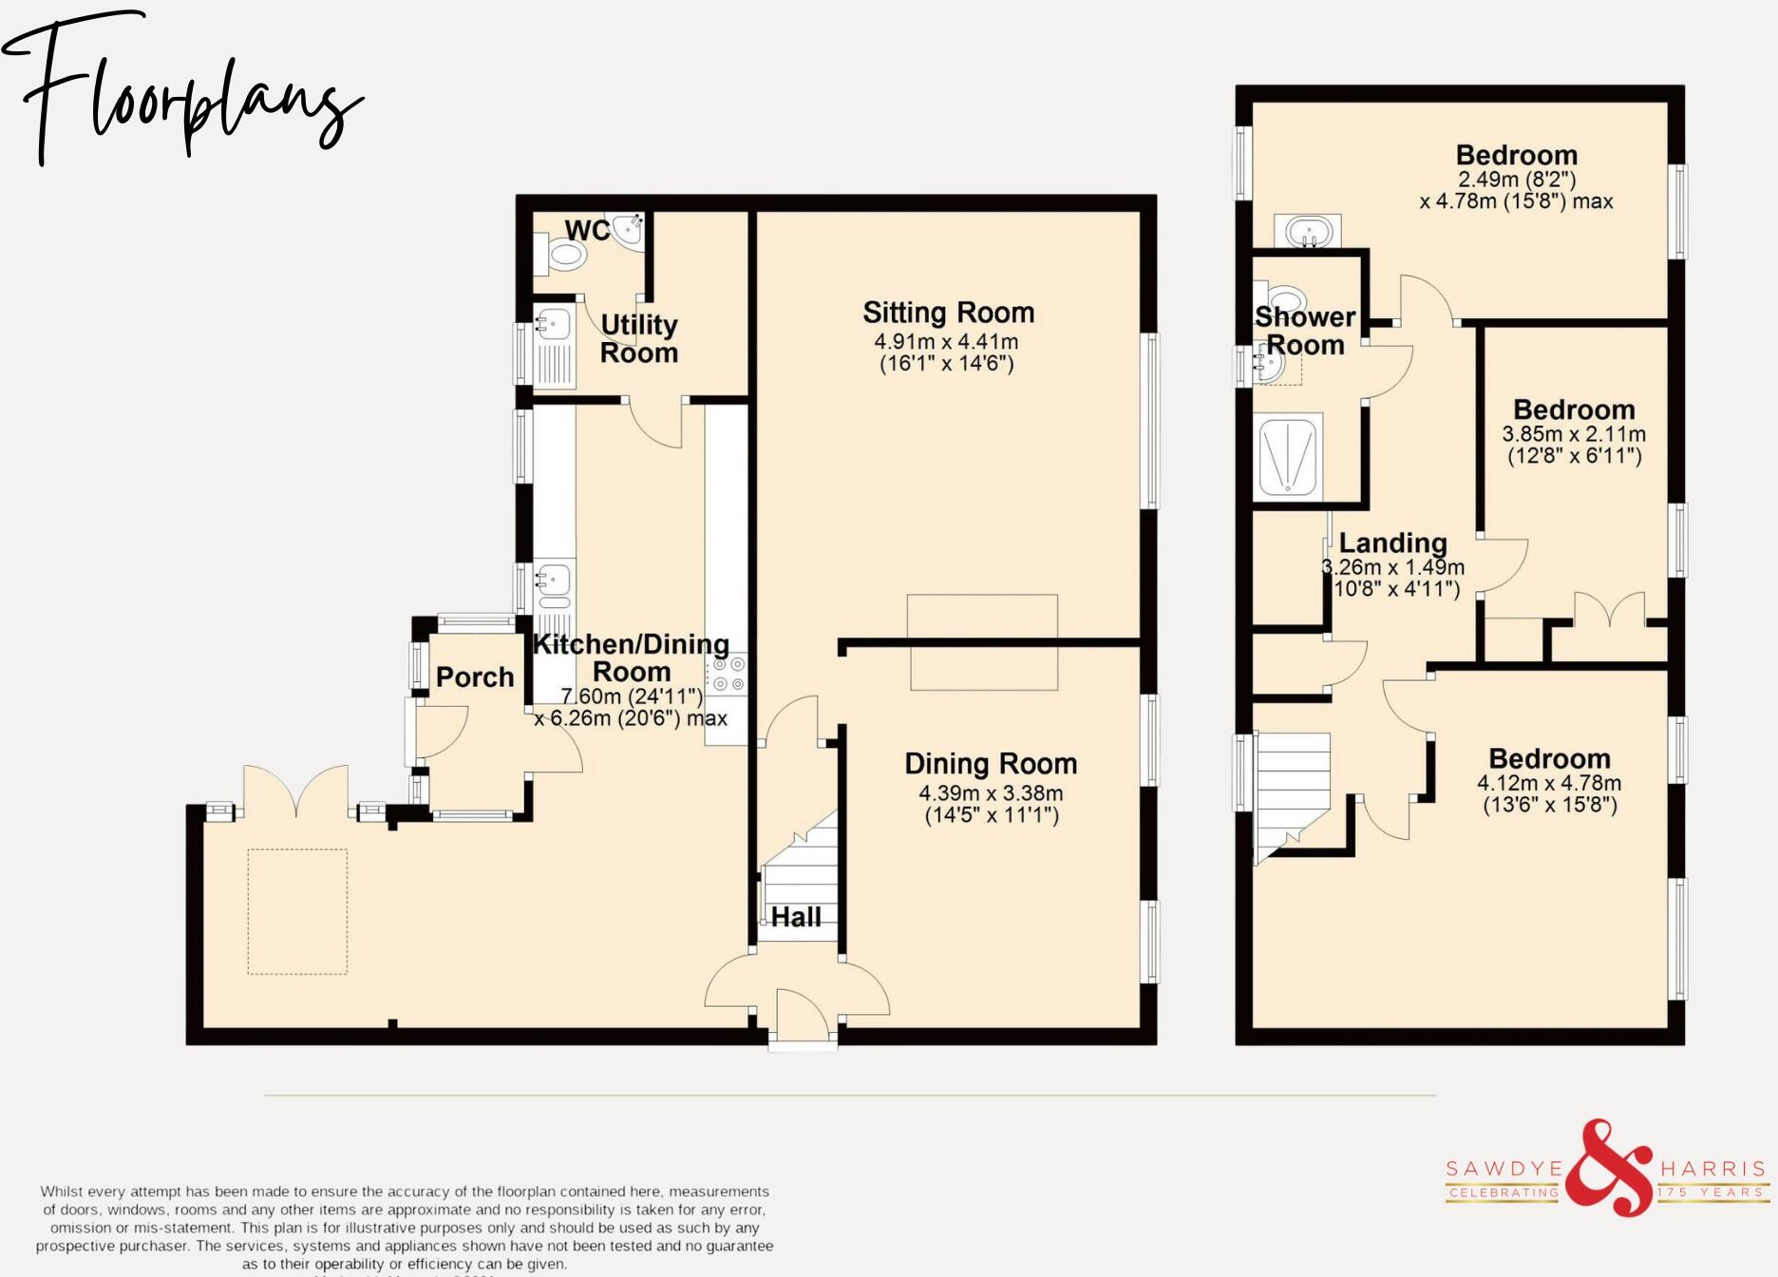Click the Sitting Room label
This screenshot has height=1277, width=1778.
[x=948, y=313]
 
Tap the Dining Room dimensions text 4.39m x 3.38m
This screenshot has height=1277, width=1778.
[x=991, y=792]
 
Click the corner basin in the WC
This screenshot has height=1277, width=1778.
[x=628, y=229]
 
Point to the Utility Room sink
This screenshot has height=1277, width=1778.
[x=553, y=324]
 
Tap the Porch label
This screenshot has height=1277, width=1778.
[x=475, y=677]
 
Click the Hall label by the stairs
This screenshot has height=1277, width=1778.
[x=796, y=917]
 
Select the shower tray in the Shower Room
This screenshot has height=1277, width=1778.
[x=1289, y=457]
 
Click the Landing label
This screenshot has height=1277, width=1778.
[x=1392, y=543]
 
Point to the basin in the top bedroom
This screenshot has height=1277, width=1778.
[x=1308, y=231]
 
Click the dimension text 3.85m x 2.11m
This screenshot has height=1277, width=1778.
[x=1574, y=434]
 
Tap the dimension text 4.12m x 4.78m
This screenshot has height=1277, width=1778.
[x=1549, y=784]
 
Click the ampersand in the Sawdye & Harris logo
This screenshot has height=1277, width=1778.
[x=1608, y=1168]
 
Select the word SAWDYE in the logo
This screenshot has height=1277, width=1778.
[x=1504, y=1168]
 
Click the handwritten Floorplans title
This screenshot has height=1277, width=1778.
[x=180, y=95]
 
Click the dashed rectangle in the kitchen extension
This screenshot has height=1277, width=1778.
[x=297, y=911]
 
